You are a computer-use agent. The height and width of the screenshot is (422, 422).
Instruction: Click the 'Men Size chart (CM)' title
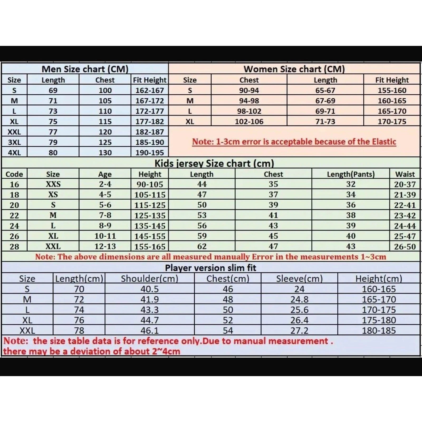coord(85,69)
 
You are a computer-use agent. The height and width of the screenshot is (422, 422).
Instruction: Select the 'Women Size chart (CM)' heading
coord(294,69)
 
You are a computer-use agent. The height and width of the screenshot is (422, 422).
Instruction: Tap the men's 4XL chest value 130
coord(105,152)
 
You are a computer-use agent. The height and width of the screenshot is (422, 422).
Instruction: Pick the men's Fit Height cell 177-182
coord(150,121)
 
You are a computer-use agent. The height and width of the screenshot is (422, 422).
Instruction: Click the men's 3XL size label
coord(14,142)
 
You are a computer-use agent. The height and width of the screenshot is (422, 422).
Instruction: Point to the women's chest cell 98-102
coord(249,111)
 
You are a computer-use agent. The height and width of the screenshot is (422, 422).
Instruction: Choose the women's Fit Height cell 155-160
coord(392,90)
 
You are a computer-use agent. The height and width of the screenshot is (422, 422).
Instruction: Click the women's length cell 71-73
coord(325,121)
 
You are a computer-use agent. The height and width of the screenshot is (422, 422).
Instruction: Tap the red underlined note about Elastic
coord(294,142)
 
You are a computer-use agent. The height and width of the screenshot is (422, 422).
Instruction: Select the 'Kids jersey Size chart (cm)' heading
coord(214,164)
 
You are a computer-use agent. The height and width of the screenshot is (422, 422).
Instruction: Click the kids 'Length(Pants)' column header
coord(351,174)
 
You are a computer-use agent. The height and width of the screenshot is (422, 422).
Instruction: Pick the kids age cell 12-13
coord(105,246)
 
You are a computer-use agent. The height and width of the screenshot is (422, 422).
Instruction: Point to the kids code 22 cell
coord(14,215)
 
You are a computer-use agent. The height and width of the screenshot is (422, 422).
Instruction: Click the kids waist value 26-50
coord(405,247)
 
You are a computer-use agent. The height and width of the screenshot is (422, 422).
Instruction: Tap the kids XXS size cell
coord(53,184)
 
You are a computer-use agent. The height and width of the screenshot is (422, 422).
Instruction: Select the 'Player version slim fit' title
coord(210,268)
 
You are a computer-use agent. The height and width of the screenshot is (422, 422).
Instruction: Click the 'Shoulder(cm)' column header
coord(150,279)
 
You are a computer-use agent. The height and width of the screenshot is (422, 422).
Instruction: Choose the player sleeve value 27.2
coord(299,330)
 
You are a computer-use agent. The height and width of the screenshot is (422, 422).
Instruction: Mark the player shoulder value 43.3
coord(150,310)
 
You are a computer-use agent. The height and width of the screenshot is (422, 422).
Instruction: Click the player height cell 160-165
coord(379,289)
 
